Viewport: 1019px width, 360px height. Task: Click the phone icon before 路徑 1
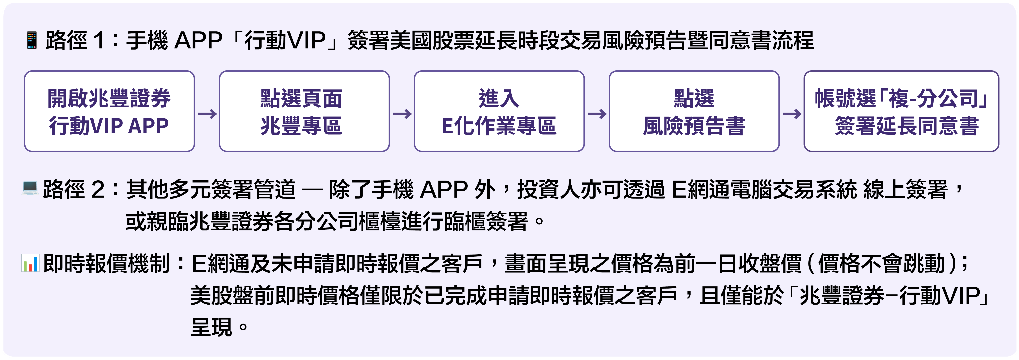[x=32, y=40]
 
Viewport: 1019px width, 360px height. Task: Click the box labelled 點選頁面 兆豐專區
[x=304, y=111]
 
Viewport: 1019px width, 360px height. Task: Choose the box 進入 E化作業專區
[x=499, y=111]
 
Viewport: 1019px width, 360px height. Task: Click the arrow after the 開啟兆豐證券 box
[x=207, y=114]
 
